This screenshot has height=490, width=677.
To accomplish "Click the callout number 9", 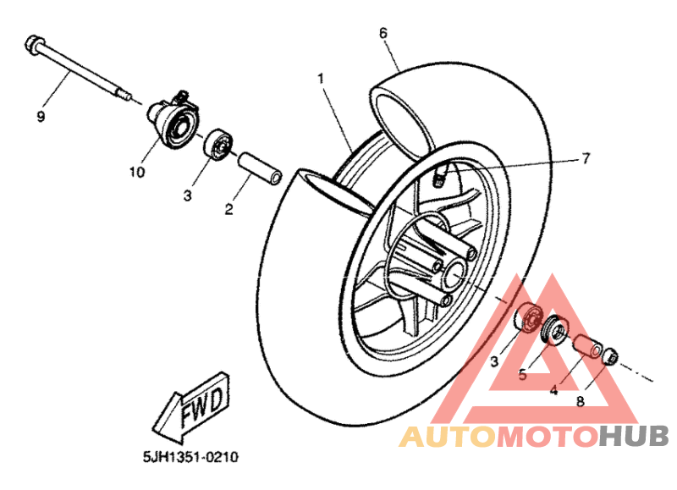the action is pyautogui.click(x=41, y=117).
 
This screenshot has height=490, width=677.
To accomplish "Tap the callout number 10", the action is pyautogui.click(x=137, y=173).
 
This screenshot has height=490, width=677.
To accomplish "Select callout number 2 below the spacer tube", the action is pyautogui.click(x=228, y=209).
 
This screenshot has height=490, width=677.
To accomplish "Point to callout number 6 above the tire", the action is pyautogui.click(x=383, y=33).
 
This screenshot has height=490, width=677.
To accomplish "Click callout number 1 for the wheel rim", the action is pyautogui.click(x=321, y=79).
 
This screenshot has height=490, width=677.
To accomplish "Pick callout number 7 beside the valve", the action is pyautogui.click(x=586, y=158).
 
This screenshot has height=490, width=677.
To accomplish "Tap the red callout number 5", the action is pyautogui.click(x=523, y=375).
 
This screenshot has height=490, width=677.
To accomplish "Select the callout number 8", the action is pyautogui.click(x=581, y=401).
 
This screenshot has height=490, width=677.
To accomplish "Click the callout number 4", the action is pyautogui.click(x=554, y=391).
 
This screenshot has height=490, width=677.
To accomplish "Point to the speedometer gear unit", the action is pyautogui.click(x=173, y=118).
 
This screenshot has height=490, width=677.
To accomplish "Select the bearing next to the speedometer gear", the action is pyautogui.click(x=218, y=145).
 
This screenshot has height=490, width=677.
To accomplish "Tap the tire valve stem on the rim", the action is pyautogui.click(x=440, y=176).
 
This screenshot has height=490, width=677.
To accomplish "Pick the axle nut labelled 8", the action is pyautogui.click(x=609, y=355).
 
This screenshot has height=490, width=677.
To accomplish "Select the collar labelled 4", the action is pyautogui.click(x=587, y=346).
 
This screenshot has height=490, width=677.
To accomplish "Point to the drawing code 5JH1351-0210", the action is pyautogui.click(x=191, y=456).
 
